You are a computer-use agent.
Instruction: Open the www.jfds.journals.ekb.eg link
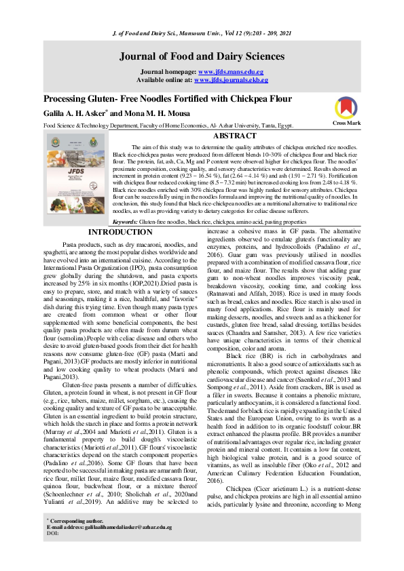point(231,79)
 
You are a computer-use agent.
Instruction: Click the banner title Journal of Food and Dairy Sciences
point(202,56)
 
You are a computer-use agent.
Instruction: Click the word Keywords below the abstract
point(126,202)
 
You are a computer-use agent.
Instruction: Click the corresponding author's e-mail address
point(125,545)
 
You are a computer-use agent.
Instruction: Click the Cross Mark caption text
point(346,123)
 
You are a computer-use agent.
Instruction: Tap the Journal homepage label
point(168,71)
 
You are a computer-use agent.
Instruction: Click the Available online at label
point(165,79)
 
